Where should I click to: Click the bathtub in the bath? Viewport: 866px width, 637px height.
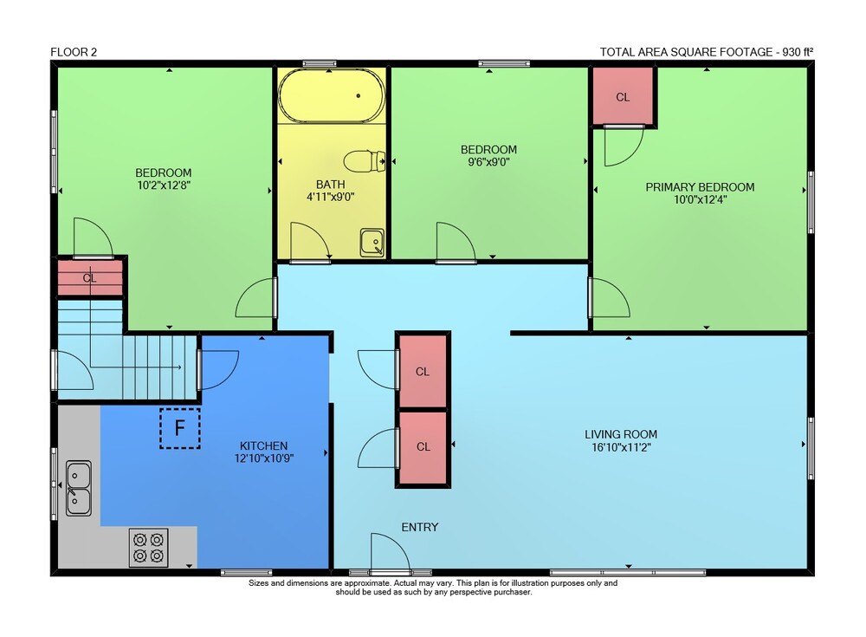(x=332, y=95)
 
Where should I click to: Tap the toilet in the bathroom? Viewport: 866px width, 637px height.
(x=365, y=161)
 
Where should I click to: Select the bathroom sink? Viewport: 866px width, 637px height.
(x=372, y=243)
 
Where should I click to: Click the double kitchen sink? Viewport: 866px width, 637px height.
(x=79, y=488)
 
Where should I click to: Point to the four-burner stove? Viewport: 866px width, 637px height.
(x=149, y=548)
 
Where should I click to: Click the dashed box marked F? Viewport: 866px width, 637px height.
(x=179, y=428)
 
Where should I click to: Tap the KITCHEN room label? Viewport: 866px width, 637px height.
(x=263, y=445)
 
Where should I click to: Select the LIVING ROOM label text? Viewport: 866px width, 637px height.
(x=621, y=434)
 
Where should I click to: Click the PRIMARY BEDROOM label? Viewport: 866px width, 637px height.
(x=700, y=187)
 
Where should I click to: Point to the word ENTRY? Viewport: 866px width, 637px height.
(x=420, y=528)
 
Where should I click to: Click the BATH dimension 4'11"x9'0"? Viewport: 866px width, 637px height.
(x=330, y=196)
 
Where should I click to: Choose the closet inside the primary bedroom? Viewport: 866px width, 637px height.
(x=623, y=97)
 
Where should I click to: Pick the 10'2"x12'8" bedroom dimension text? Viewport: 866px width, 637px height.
(x=164, y=185)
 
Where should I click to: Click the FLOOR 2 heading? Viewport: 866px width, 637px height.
(x=74, y=52)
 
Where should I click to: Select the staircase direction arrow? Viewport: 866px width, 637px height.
(x=136, y=367)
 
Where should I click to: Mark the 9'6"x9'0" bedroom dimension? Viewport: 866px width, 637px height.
(x=488, y=162)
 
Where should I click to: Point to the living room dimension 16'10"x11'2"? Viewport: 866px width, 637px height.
(x=621, y=447)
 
